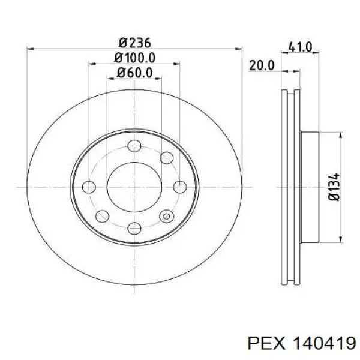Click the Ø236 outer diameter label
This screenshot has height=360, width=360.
(x=134, y=43)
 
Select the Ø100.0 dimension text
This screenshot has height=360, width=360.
(x=135, y=58)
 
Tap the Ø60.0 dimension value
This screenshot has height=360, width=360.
(x=135, y=73)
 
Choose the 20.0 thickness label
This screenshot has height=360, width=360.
(x=262, y=65)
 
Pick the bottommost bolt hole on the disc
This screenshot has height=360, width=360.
(x=134, y=227)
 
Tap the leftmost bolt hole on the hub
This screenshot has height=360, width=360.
(x=89, y=187)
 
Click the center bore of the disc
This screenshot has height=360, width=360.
(x=134, y=187)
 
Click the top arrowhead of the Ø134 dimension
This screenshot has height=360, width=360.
(x=340, y=137)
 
